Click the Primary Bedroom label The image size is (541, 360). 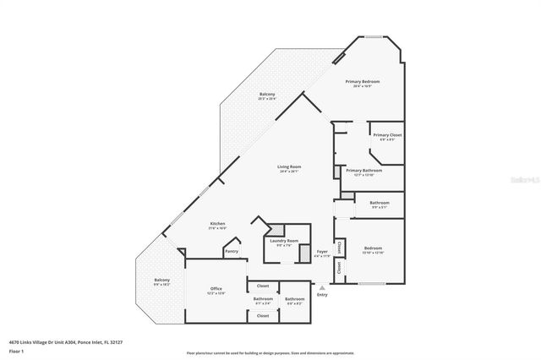click(363, 82)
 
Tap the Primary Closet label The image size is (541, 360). click(387, 135)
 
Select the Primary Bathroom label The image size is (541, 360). click(363, 171)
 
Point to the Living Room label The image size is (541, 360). click(289, 167)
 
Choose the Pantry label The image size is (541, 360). click(231, 251)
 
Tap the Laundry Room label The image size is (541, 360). click(284, 241)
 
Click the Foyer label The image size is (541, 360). click(322, 252)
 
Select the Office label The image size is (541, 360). click(216, 290)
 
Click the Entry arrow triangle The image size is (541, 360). click(322, 287)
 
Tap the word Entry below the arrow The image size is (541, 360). click(322, 295)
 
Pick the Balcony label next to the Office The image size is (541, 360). click(161, 281)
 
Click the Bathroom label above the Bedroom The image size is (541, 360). click(380, 203)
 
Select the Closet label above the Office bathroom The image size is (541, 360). click(263, 286)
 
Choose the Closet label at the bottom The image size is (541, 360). click(263, 315)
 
